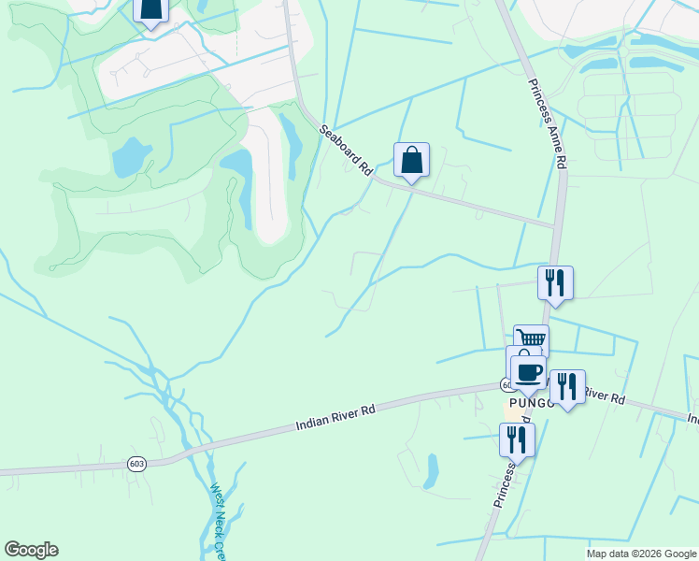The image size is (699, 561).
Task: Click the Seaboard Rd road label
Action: click(347, 151)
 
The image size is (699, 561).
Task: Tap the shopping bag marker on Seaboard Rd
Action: click(411, 161)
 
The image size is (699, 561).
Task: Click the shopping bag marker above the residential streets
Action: click(150, 9)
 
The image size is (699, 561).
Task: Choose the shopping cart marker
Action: click(532, 340)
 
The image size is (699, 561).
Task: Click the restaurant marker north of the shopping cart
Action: click(555, 282)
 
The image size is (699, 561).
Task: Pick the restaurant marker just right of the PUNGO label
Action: click(566, 385)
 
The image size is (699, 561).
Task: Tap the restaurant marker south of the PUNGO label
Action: click(516, 439)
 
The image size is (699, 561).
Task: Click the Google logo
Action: click(31, 550)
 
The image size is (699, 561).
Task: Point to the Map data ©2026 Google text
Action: click(641, 554)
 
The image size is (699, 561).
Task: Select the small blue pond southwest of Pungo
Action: click(431, 472)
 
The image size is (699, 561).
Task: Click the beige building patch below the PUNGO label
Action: click(513, 411)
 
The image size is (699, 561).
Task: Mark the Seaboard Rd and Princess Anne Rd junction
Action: click(557, 226)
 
